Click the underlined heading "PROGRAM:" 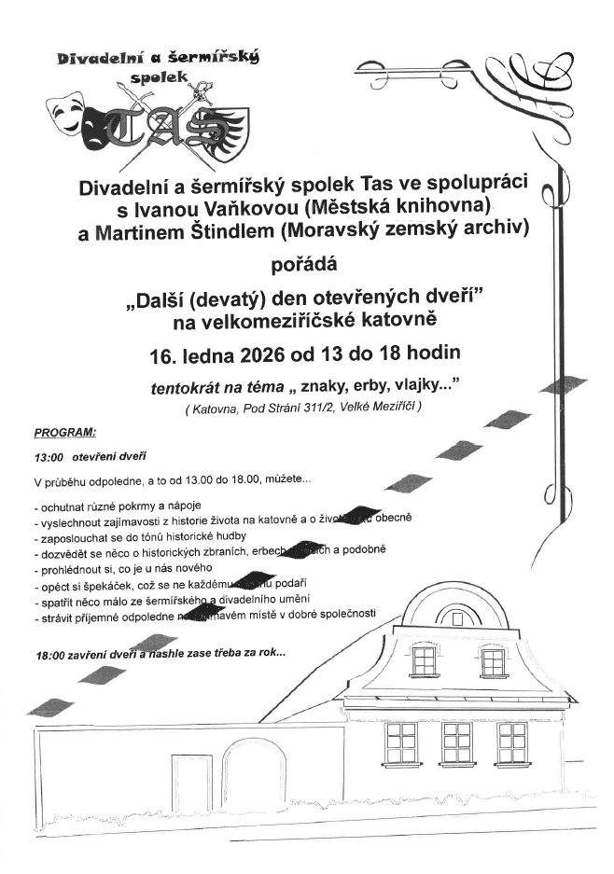click(x=64, y=432)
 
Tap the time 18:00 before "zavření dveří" click(x=49, y=654)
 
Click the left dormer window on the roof click(x=425, y=660)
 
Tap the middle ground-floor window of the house click(x=457, y=743)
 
